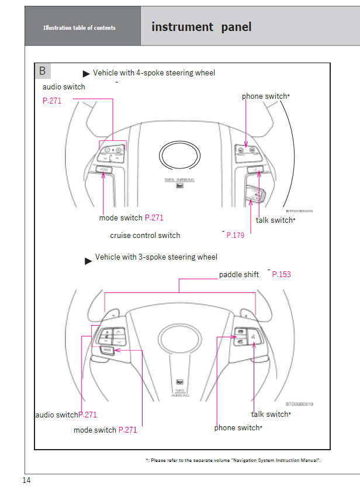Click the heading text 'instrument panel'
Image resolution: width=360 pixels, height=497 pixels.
[x=201, y=27]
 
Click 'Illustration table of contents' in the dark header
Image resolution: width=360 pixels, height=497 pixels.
[x=79, y=28]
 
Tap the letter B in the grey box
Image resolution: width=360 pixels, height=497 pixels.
[x=43, y=71]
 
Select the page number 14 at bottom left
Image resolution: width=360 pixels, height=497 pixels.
[x=26, y=481]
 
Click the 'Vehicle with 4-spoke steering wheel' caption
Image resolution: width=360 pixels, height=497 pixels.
[x=154, y=73]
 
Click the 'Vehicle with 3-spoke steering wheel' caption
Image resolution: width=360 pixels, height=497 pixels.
[x=156, y=257]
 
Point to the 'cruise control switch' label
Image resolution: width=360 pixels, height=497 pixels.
[x=145, y=236]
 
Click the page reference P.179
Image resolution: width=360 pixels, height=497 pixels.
[x=235, y=236]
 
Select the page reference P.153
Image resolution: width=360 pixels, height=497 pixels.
[x=281, y=274]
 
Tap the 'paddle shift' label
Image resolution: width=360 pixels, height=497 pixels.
[x=239, y=274]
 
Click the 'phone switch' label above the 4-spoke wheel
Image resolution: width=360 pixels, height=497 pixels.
[x=265, y=96]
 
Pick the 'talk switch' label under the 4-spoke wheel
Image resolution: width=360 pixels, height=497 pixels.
[x=274, y=220]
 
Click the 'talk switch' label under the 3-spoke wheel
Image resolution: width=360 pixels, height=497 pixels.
[x=269, y=415]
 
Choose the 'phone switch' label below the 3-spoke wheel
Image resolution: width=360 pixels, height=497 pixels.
[x=237, y=428]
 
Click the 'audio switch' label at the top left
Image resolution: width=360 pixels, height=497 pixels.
[x=64, y=87]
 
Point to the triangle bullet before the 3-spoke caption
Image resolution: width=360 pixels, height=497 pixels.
[x=88, y=261]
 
